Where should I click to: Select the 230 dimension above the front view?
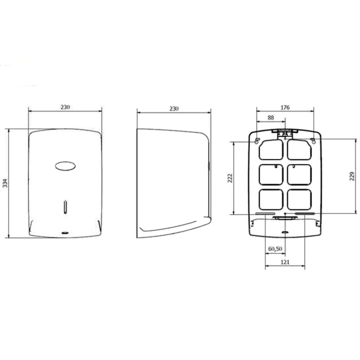tap(65, 107)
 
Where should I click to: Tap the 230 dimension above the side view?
tap(174, 108)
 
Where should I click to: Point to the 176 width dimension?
tap(285, 107)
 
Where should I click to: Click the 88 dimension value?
tap(270, 117)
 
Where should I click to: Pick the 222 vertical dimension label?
tap(229, 178)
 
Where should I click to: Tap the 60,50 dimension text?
tap(274, 249)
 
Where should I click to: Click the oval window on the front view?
tap(65, 166)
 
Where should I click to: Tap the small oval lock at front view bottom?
tap(66, 232)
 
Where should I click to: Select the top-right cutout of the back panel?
tap(300, 149)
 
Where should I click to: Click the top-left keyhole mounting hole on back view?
tap(257, 141)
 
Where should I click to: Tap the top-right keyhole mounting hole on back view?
tap(314, 141)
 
